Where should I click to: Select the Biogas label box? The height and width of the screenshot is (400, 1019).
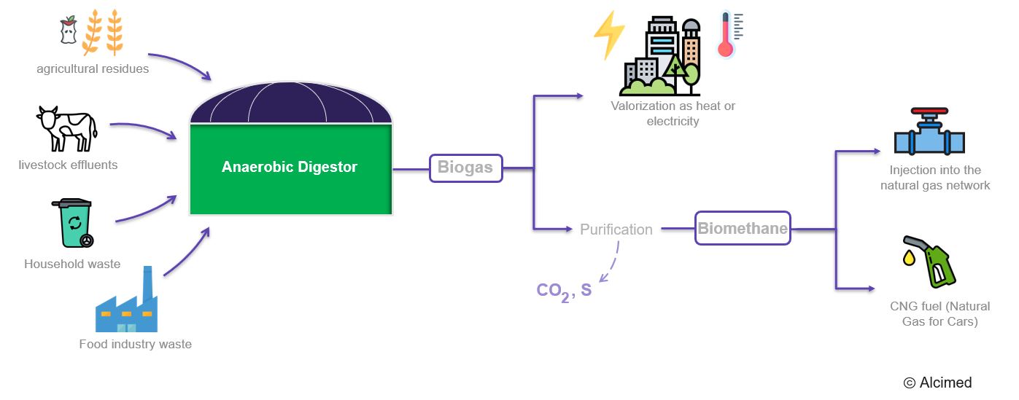click(x=465, y=168)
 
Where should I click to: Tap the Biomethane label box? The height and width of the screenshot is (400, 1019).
click(x=743, y=228)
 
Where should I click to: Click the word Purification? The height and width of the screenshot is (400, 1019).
click(x=616, y=230)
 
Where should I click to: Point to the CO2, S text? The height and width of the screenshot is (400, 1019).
click(x=564, y=291)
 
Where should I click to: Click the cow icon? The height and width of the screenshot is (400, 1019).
click(x=66, y=129)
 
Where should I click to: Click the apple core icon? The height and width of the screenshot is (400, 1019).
click(x=68, y=31)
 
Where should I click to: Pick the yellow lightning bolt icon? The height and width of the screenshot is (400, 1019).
click(x=608, y=35)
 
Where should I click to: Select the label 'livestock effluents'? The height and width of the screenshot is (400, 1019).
click(x=68, y=165)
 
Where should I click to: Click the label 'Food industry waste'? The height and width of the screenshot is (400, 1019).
click(x=135, y=344)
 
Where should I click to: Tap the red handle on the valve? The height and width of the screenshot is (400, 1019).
click(x=929, y=113)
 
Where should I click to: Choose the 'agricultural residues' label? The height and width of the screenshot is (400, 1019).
click(x=93, y=69)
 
